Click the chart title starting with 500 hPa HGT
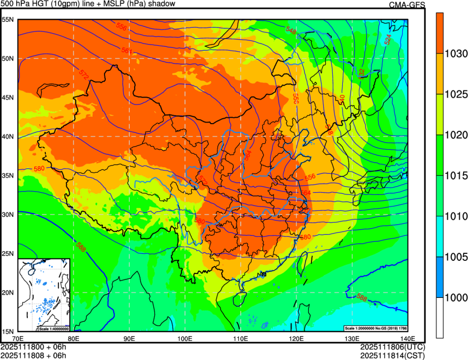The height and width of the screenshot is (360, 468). coord(88,4)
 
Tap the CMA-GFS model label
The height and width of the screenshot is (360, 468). coord(406,5)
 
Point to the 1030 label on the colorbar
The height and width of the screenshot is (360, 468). coord(456,54)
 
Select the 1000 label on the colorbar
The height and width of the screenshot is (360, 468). coord(456,297)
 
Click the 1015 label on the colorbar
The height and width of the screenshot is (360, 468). coord(456,176)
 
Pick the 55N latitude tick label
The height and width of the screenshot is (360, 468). coord(8,20)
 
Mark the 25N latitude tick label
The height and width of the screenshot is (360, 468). coord(8,253)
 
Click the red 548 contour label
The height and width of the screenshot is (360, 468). coord(291,32)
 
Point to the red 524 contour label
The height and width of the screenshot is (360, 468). coord(388,39)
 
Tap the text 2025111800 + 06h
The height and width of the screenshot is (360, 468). coord(34,347)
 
